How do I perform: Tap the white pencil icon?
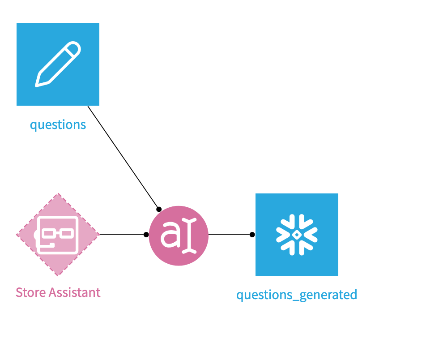point(58,64)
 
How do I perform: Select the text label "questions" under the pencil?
point(58,124)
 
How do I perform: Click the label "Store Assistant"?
point(58,292)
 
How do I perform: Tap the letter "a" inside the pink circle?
point(170,236)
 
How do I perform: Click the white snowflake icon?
point(297,235)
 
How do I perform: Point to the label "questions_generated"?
point(297,295)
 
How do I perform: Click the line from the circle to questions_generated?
point(230,235)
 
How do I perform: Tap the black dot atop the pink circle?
point(158,209)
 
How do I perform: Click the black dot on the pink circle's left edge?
point(146,235)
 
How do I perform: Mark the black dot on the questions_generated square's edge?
point(252,235)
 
